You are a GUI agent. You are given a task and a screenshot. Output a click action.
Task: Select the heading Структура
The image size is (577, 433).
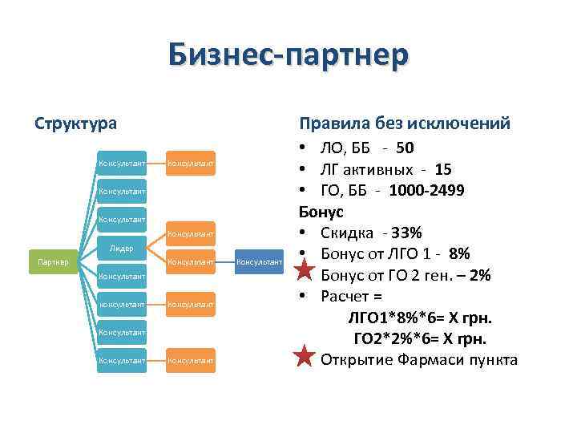point(75,123)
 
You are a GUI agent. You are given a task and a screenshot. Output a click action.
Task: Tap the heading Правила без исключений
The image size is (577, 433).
point(404,123)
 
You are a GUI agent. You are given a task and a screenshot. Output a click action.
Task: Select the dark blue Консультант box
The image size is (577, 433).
point(260,261)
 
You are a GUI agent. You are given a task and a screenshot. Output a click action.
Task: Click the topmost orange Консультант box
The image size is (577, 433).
point(191,164)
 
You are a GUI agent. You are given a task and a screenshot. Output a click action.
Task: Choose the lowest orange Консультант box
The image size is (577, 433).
point(191,361)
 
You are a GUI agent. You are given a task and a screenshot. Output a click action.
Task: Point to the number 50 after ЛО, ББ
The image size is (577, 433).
point(405,149)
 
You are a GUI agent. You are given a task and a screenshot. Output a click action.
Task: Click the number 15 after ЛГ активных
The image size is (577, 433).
point(443,170)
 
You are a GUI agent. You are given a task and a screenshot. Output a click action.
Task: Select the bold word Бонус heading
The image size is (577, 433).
point(321,212)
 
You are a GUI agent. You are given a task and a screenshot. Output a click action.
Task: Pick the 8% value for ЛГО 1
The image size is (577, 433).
point(459,254)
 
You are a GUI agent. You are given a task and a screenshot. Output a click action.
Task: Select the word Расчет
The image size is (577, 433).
point(347,297)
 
